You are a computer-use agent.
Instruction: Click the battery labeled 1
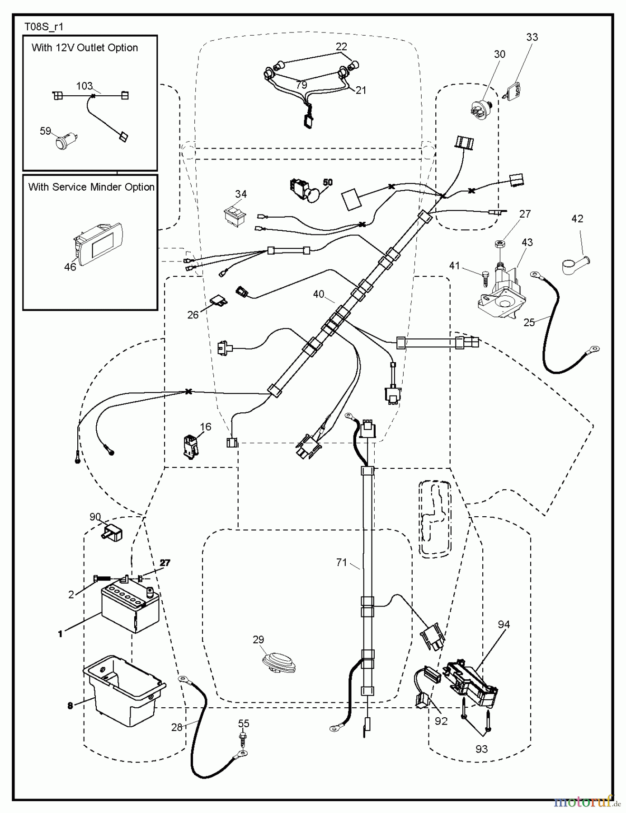point(130,608)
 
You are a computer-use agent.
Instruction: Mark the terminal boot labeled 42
point(576,264)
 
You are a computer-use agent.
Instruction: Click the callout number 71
point(342,562)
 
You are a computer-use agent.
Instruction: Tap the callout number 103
point(85,86)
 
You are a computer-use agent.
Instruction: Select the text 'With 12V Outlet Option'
point(85,48)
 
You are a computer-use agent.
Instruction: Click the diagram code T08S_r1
point(44,27)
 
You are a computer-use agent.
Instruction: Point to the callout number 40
point(319,294)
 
